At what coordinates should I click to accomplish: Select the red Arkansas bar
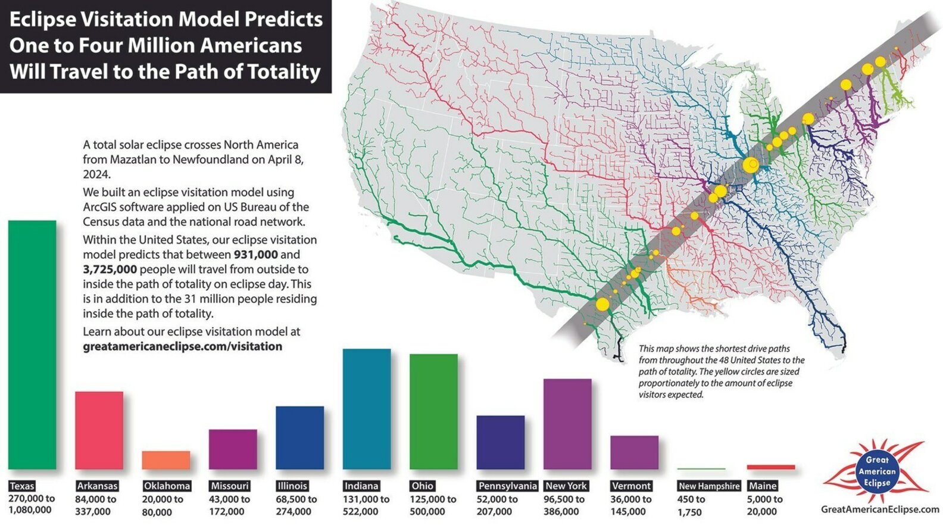click(x=99, y=430)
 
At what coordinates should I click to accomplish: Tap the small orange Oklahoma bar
click(x=166, y=460)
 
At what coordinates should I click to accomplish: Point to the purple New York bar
click(x=567, y=424)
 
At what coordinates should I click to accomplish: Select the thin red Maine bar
click(x=770, y=467)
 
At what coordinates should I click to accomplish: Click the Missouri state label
click(x=229, y=486)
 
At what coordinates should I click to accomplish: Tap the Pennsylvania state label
click(x=507, y=486)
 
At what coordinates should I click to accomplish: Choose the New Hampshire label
click(x=709, y=486)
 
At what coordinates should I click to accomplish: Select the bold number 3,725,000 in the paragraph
click(x=110, y=269)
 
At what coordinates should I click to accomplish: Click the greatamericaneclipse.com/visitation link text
click(x=182, y=346)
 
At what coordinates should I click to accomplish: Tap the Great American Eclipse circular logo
click(x=877, y=471)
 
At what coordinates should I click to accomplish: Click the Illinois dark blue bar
click(x=299, y=437)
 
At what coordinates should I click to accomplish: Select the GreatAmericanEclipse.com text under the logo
click(x=879, y=509)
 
